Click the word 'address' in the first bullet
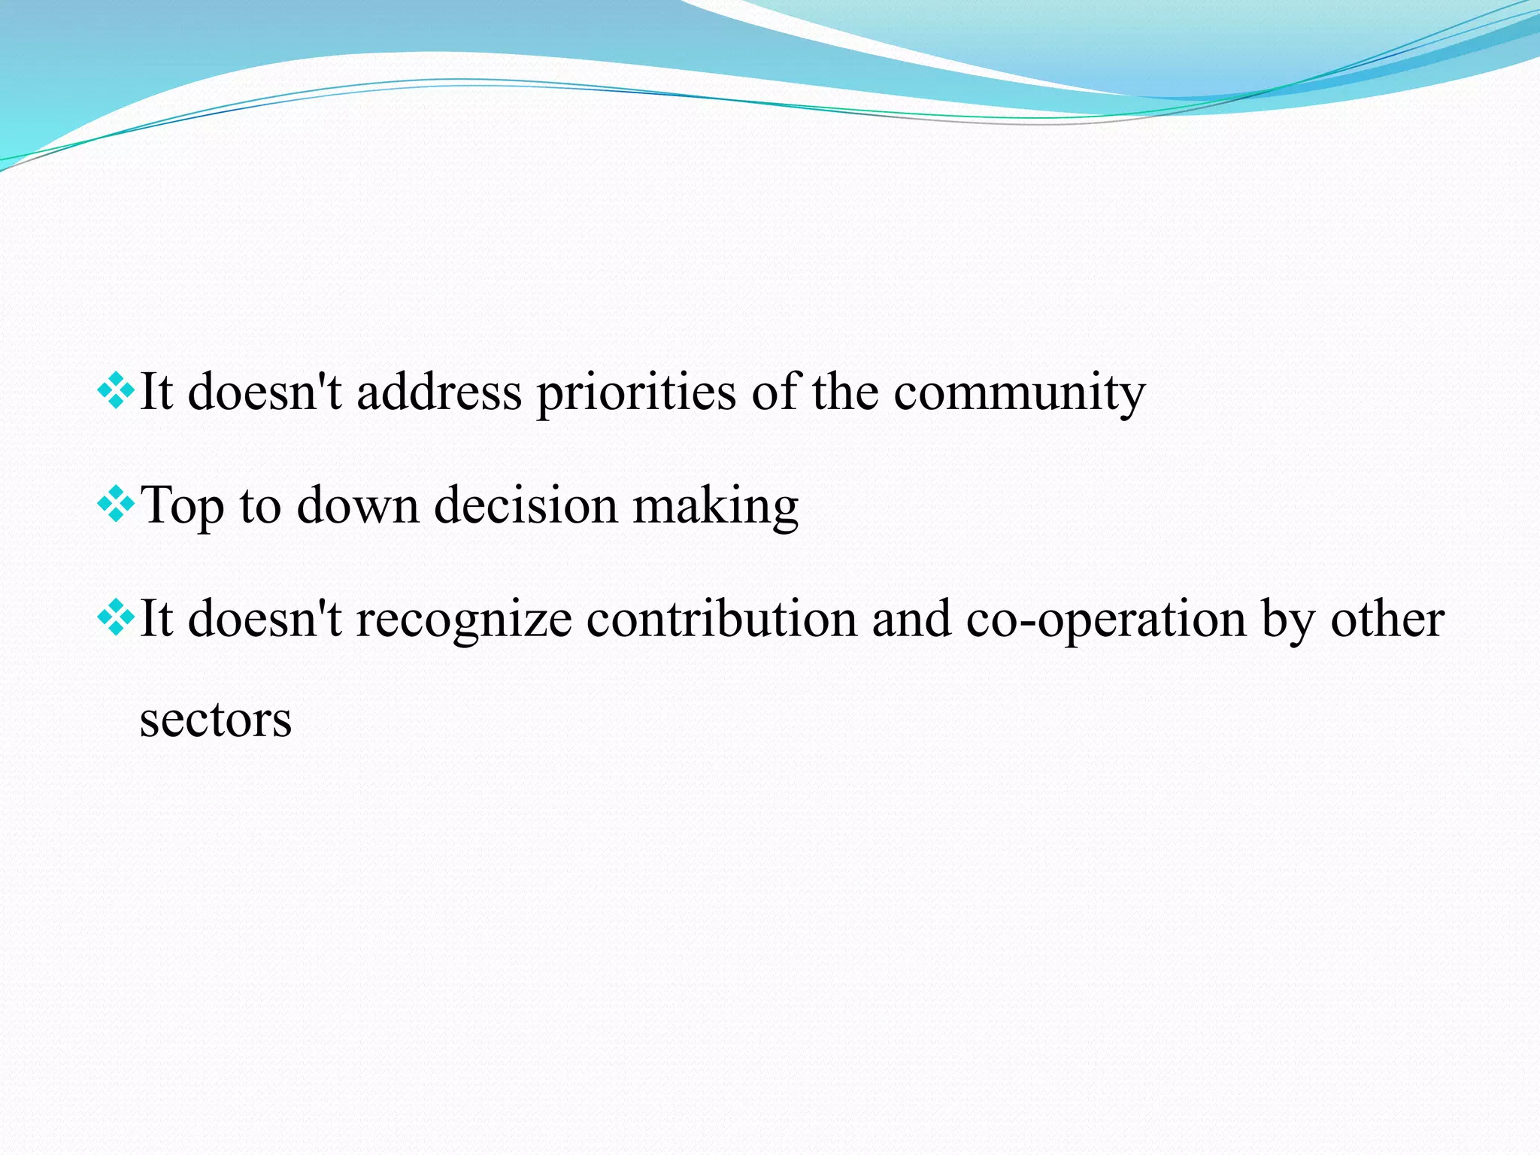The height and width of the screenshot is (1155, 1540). (x=438, y=393)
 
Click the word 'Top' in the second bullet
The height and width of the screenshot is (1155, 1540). (x=183, y=506)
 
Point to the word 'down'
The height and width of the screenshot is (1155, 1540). (x=358, y=505)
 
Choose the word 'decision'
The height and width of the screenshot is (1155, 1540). (x=526, y=505)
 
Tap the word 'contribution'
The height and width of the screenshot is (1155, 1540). (x=722, y=620)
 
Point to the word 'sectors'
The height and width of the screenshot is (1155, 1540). (x=216, y=720)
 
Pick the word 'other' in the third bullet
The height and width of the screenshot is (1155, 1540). (x=1387, y=620)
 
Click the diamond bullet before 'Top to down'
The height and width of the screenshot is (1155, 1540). (x=116, y=505)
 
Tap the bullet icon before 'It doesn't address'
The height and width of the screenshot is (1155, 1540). (x=116, y=391)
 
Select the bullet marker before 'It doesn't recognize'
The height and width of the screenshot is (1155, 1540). (x=116, y=617)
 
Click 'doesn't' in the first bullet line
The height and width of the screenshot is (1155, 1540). (x=265, y=393)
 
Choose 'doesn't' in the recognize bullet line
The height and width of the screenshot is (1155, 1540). (x=265, y=620)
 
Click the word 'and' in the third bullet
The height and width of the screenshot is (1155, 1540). (x=911, y=620)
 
